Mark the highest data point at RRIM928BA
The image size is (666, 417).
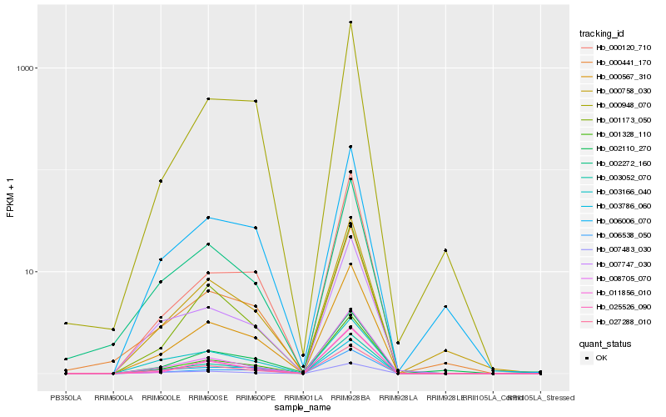(x=350, y=23)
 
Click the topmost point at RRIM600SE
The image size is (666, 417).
(x=208, y=98)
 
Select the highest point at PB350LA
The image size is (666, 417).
(x=66, y=323)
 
